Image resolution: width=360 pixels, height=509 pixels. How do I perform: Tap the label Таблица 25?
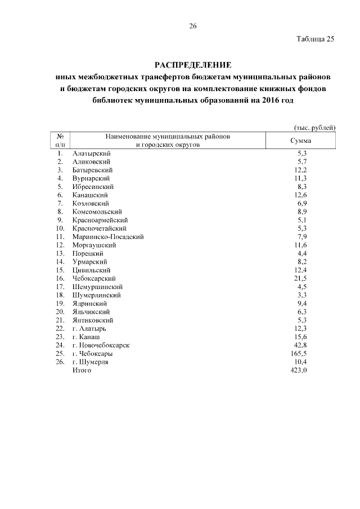tap(316, 39)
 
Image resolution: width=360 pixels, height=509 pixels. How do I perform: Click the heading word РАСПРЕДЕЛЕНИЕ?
tap(193, 65)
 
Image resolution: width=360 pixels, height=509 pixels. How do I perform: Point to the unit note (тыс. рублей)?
tap(315, 128)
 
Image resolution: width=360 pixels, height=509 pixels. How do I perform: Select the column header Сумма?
tap(300, 141)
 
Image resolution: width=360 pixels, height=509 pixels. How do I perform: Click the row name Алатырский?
tap(92, 153)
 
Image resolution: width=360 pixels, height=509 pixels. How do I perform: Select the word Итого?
tap(82, 370)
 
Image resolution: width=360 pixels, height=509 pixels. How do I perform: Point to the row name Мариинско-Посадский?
tap(108, 237)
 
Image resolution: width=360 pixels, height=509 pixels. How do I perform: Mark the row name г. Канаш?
tap(87, 337)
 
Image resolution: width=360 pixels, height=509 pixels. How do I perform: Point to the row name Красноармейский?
tap(101, 220)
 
